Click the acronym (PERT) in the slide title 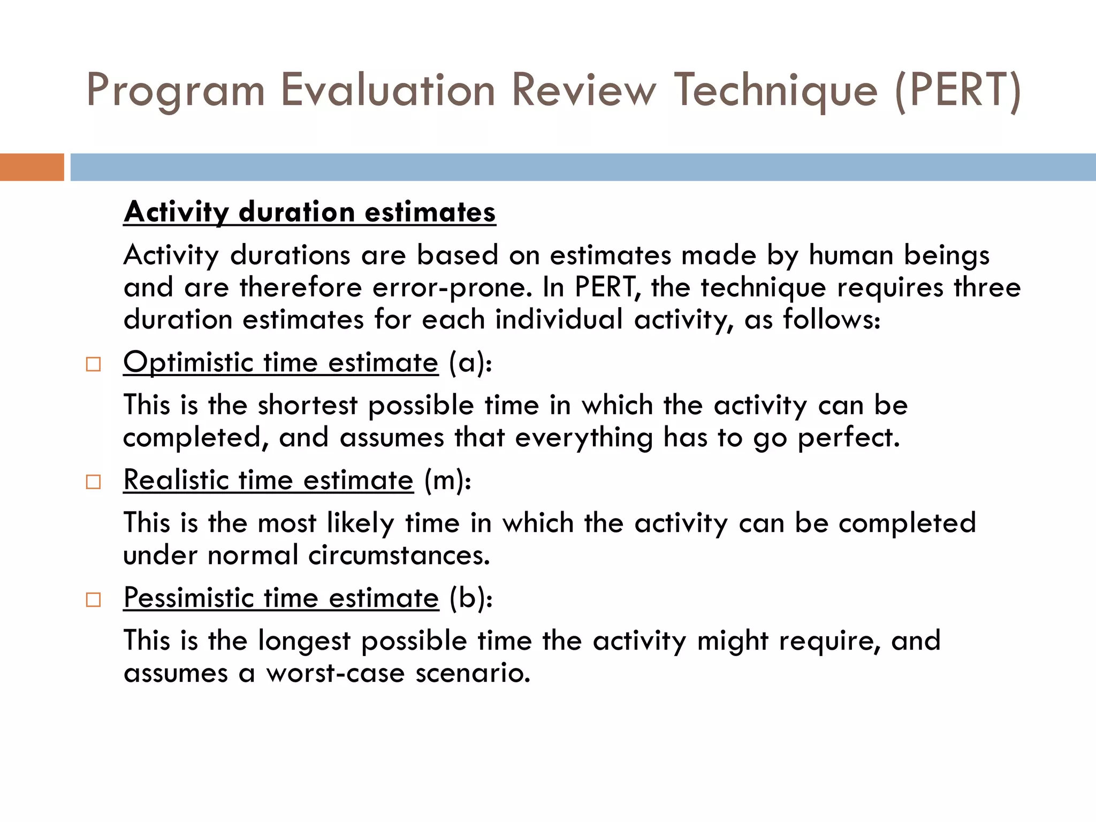958,90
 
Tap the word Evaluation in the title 388,90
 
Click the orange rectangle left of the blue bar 32,167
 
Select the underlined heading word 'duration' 297,212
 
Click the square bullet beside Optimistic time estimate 93,364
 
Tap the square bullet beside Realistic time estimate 93,482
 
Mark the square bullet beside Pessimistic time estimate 93,599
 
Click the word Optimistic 188,363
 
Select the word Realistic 176,480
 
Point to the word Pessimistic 188,598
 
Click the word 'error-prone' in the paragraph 452,287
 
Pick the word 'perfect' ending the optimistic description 848,437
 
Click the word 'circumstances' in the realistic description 399,555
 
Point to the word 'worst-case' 336,673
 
